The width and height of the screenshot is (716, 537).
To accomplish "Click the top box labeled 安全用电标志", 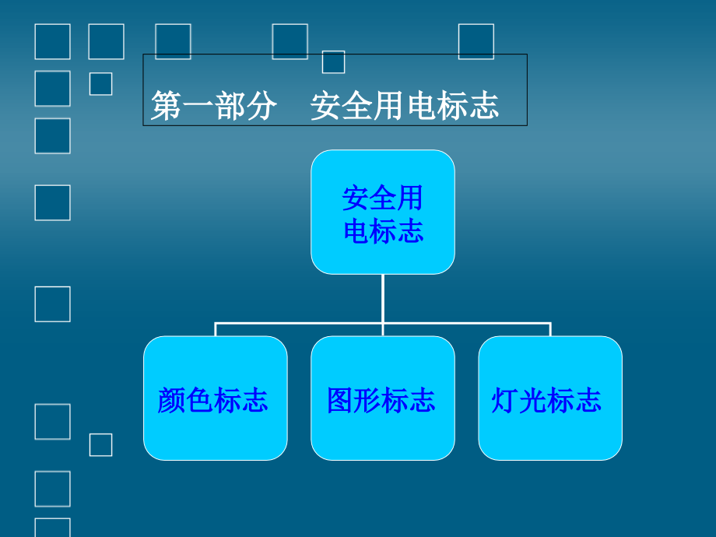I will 382,212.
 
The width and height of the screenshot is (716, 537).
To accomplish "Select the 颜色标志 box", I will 215,398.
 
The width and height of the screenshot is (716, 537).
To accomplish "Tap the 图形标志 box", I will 382,398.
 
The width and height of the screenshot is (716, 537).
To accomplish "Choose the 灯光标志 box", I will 549,398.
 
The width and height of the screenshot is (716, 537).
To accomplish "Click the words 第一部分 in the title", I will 214,106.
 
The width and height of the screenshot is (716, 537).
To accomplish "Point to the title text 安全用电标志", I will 404,106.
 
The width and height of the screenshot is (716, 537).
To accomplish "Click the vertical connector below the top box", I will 382,298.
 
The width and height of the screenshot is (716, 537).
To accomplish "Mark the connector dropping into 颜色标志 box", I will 216,329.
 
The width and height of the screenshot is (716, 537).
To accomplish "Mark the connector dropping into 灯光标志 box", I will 550,329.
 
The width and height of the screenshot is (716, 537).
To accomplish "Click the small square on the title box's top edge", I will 333,61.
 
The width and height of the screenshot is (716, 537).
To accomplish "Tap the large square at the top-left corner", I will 52,41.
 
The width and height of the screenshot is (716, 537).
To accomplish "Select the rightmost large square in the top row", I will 476,41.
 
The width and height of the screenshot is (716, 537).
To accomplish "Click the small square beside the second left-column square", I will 100,83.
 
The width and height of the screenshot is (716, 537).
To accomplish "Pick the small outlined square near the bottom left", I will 100,444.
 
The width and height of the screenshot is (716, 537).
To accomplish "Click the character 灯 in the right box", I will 505,401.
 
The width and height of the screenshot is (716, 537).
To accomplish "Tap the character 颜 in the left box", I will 170,401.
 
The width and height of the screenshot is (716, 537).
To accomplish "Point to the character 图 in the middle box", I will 340,401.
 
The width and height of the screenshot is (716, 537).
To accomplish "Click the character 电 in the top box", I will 356,231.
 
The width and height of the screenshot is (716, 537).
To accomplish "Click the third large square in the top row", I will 173,41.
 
